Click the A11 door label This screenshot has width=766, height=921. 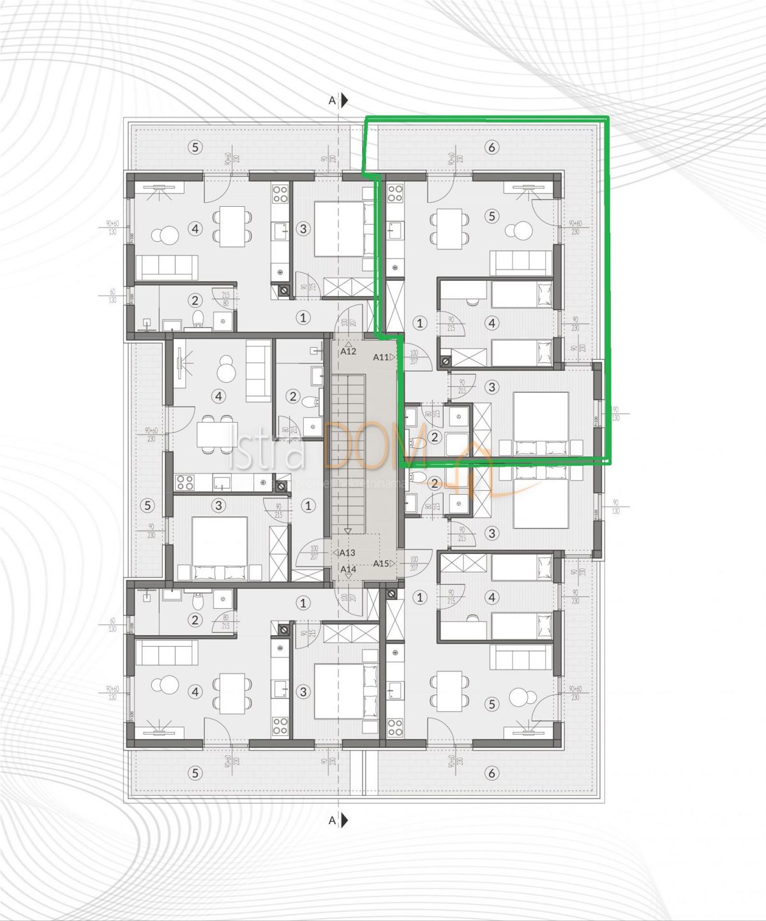tap(381, 357)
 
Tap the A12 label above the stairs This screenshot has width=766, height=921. tap(348, 351)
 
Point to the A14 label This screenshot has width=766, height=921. tap(348, 569)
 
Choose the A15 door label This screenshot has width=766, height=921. tap(381, 564)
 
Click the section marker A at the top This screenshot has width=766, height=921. tap(332, 100)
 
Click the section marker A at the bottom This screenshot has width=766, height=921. tap(332, 821)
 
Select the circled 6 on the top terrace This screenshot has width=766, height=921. tap(491, 147)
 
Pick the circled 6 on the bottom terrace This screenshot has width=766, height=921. tap(491, 773)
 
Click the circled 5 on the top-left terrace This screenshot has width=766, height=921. tap(195, 147)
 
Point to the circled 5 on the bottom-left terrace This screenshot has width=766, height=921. tap(195, 773)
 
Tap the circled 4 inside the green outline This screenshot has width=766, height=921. tap(492, 324)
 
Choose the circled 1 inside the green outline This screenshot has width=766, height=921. tap(419, 324)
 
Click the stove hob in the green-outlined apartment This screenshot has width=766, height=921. tap(395, 193)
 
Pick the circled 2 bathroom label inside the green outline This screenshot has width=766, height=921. tap(435, 437)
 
